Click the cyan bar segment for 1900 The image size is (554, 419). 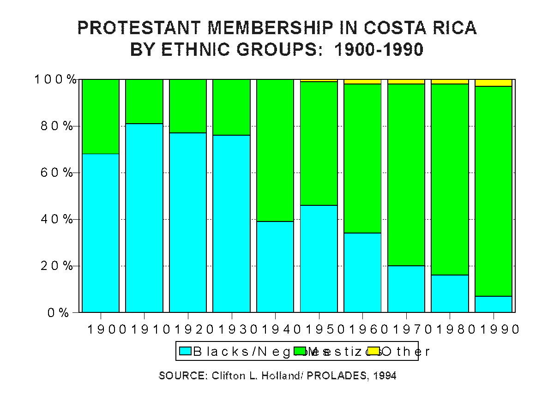tap(101, 233)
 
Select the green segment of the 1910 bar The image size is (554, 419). tap(144, 102)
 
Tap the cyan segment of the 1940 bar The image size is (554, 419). tap(275, 267)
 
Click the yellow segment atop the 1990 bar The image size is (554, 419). tap(494, 83)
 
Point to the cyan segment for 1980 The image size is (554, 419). tap(450, 293)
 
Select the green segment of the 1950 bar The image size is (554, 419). tap(319, 144)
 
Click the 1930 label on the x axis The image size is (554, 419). tap(232, 329)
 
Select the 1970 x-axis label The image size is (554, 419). tap(406, 329)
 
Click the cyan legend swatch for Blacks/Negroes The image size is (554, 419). tap(185, 351)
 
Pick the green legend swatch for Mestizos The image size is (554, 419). tap(301, 351)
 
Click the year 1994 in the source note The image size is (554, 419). tap(385, 376)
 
